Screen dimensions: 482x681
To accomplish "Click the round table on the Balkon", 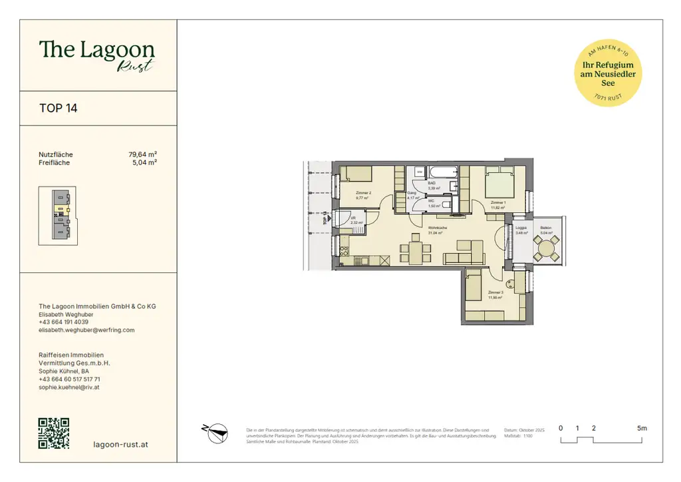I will click(x=547, y=249).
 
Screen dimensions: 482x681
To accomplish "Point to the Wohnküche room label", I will click(x=437, y=228).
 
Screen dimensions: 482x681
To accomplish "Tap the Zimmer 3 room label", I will click(x=495, y=293).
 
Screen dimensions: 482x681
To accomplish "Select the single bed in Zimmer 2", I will click(x=358, y=174).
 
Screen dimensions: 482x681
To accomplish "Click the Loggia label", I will click(x=521, y=228).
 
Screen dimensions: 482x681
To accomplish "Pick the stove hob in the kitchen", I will click(x=344, y=252).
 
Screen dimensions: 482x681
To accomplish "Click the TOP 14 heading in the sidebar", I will click(x=59, y=108).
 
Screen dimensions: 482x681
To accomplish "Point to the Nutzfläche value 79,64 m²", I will click(x=142, y=154).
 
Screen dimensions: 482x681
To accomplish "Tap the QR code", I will click(x=54, y=433).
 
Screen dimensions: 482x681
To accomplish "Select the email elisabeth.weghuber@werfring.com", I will click(x=86, y=330).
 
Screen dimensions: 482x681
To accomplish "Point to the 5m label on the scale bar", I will click(x=641, y=428).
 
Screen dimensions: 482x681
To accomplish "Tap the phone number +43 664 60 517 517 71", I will click(x=70, y=379).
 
